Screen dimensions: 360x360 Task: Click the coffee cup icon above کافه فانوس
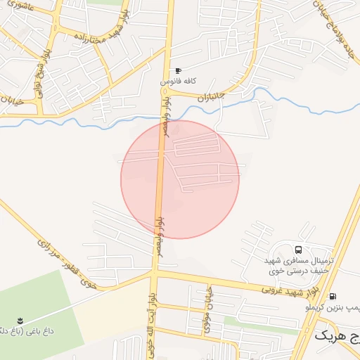click(x=178, y=71)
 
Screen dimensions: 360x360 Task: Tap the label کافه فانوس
click(x=176, y=82)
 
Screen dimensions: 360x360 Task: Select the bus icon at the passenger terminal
click(x=299, y=250)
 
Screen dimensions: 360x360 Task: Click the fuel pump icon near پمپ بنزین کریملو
click(x=332, y=297)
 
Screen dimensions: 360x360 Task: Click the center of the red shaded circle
click(x=180, y=179)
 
